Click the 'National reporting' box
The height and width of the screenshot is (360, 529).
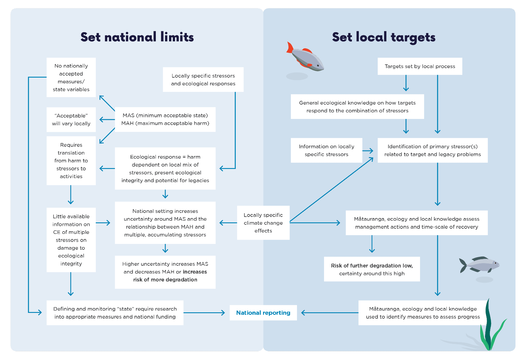263,313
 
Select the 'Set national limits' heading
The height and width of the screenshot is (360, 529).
137,37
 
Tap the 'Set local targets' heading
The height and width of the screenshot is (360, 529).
384,37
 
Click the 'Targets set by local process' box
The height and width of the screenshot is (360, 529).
420,66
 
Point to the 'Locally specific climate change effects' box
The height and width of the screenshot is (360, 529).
263,223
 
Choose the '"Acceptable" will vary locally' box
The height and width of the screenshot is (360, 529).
71,120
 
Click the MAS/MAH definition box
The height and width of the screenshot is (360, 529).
165,119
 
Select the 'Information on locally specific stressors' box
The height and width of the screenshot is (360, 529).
326,150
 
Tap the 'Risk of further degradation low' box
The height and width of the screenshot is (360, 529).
372,269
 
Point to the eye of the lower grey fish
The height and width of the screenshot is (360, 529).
495,263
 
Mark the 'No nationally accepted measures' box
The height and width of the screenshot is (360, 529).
71,77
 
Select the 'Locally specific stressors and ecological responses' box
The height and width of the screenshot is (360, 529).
203,80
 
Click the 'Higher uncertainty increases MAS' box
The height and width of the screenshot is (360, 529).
165,272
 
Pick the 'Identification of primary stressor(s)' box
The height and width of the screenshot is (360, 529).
432,150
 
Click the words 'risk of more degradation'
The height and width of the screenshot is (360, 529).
165,280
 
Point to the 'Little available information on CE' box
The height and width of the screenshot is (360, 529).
71,240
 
